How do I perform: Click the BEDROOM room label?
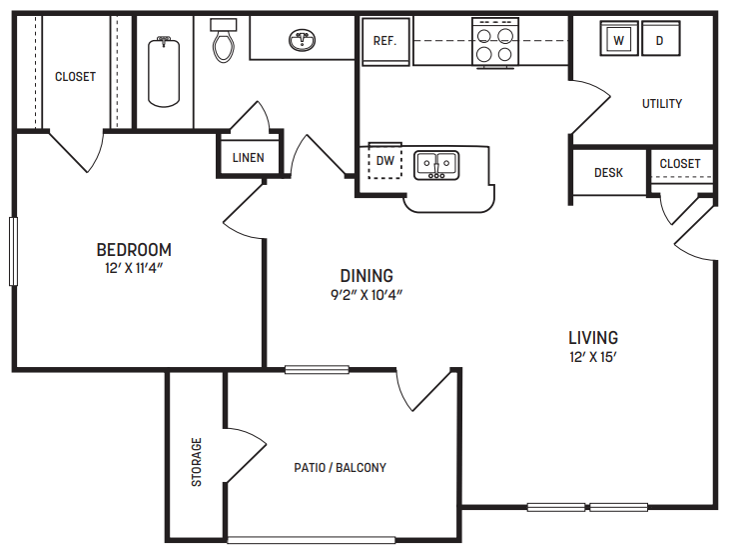tap(134, 250)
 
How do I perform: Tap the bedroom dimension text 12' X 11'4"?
tap(134, 269)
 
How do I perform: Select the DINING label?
tap(366, 276)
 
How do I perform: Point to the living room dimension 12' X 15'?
tap(593, 357)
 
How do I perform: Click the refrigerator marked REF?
tap(384, 42)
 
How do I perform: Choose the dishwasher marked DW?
tap(384, 161)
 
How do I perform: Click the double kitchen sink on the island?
tap(436, 164)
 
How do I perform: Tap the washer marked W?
tap(619, 40)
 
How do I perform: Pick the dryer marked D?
tap(659, 41)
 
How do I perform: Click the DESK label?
tap(608, 173)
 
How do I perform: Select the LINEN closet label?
tap(248, 158)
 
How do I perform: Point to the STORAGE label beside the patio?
tap(197, 462)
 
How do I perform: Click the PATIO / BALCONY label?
tap(340, 467)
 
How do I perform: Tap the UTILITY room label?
tap(662, 104)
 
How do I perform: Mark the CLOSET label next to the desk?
tap(680, 164)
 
